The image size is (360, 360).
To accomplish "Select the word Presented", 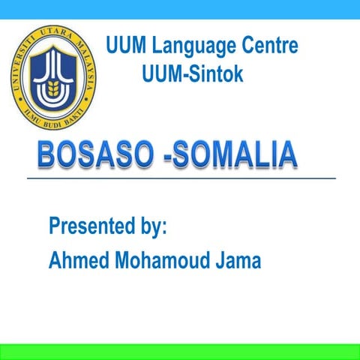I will click(92, 226).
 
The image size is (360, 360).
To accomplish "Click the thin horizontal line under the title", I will click(180, 178).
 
